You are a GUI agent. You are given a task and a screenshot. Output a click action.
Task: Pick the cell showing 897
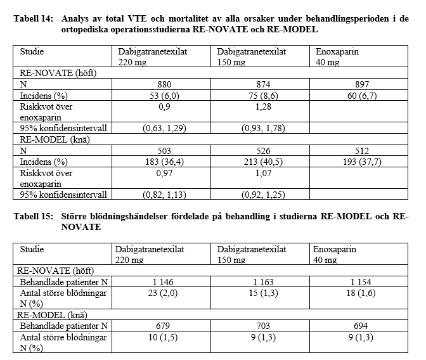point(358,84)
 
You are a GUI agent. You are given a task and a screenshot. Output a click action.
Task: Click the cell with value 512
point(358,151)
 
